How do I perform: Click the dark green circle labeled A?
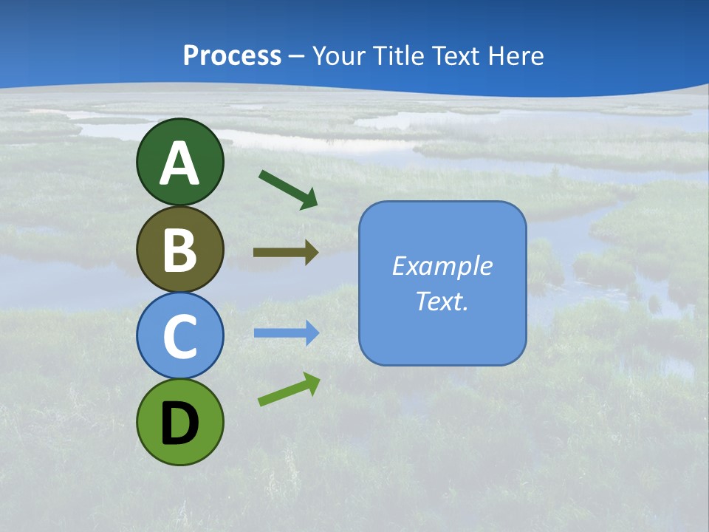click(x=179, y=162)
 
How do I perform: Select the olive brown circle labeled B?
click(x=179, y=249)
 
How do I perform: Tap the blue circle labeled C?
click(x=179, y=335)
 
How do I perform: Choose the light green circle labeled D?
click(x=179, y=422)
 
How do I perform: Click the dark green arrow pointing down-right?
click(x=288, y=189)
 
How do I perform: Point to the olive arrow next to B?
click(x=285, y=253)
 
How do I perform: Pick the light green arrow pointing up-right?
click(x=289, y=389)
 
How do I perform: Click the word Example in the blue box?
click(x=442, y=266)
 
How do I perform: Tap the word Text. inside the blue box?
click(x=442, y=301)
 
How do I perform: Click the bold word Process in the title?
click(x=232, y=55)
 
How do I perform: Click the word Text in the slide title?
click(x=454, y=55)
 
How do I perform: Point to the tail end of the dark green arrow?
click(x=261, y=173)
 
